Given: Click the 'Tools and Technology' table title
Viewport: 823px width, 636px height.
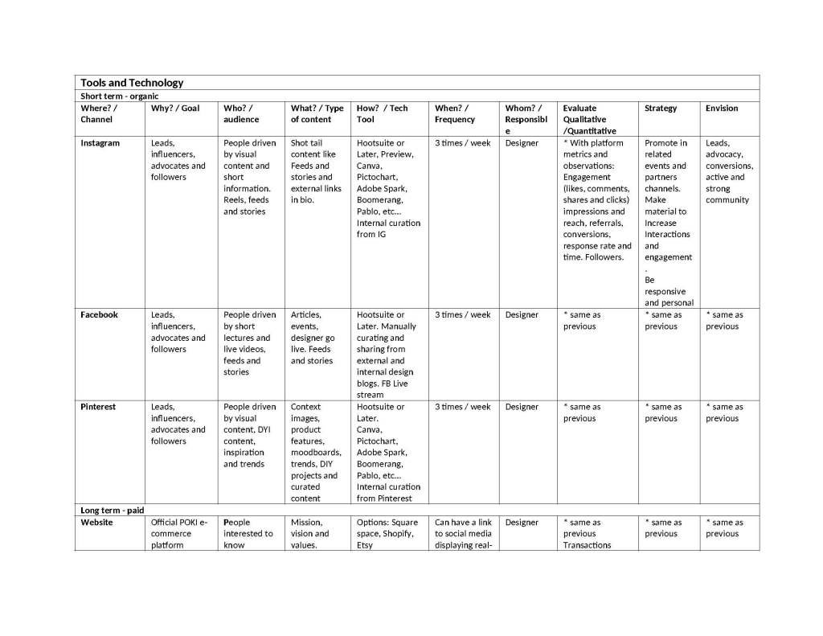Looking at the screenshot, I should (132, 83).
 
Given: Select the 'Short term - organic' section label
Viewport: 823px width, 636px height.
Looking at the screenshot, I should (119, 96).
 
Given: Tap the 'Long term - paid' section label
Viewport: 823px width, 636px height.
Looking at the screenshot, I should (113, 511).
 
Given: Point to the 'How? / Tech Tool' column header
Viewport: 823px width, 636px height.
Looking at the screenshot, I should (382, 113).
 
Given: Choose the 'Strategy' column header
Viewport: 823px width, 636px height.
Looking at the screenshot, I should (661, 108).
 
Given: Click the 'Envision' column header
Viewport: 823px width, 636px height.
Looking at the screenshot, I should (722, 108).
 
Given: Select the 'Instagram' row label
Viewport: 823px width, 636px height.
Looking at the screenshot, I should (100, 143).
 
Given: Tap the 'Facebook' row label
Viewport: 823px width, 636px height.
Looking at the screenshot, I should (99, 315).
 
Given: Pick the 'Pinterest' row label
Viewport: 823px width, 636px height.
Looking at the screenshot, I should (98, 407).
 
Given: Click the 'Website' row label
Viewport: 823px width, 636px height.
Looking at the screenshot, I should (96, 523).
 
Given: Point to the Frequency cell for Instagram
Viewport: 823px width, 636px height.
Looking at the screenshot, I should (462, 143).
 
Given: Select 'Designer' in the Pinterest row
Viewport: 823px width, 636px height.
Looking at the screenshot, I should (522, 407).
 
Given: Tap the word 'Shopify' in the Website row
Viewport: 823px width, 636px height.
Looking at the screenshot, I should (399, 534).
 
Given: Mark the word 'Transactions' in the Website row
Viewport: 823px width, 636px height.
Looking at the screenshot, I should (587, 545).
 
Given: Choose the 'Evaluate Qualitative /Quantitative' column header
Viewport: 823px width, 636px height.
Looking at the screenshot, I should (589, 119).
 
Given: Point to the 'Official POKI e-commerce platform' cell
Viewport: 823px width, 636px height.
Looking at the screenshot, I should (178, 534).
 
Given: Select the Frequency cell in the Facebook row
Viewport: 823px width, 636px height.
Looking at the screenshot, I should (462, 315).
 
